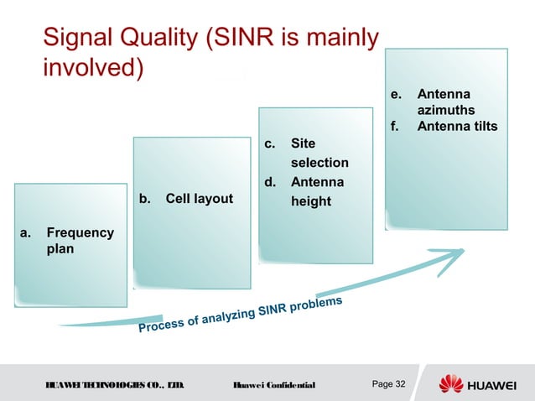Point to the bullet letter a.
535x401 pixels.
pyautogui.click(x=26, y=232)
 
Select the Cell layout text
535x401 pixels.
pyautogui.click(x=199, y=199)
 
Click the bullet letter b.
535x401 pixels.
pyautogui.click(x=144, y=199)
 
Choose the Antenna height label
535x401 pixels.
pyautogui.click(x=310, y=191)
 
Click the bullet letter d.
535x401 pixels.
pyautogui.click(x=271, y=182)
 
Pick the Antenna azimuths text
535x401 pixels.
pyautogui.click(x=445, y=102)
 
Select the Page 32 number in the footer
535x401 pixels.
pyautogui.click(x=388, y=384)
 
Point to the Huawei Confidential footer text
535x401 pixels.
pyautogui.click(x=273, y=385)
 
